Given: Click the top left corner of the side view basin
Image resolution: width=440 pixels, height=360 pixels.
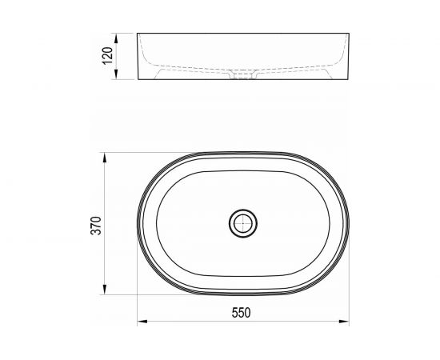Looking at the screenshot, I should (138, 34).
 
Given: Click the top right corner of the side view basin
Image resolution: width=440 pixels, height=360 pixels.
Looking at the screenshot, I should (346, 34).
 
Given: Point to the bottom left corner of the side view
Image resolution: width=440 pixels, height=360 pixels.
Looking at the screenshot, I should (138, 81).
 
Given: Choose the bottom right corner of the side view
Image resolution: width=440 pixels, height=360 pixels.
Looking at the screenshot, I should (346, 81).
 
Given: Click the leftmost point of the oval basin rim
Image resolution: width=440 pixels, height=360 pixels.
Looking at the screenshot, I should (138, 223).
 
